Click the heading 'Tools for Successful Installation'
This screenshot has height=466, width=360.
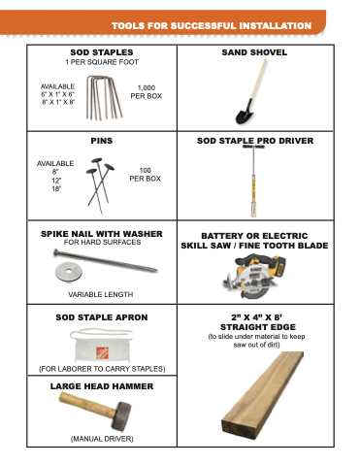pyautogui.click(x=212, y=26)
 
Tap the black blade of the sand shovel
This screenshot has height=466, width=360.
pyautogui.click(x=245, y=113)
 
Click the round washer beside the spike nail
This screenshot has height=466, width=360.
pyautogui.click(x=69, y=272)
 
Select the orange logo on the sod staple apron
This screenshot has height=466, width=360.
pyautogui.click(x=102, y=352)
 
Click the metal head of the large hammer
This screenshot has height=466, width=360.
pyautogui.click(x=121, y=416)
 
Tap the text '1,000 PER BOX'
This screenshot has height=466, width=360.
pyautogui.click(x=147, y=92)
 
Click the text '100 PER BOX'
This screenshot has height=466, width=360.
pyautogui.click(x=146, y=175)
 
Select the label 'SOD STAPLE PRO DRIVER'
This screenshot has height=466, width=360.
pyautogui.click(x=255, y=141)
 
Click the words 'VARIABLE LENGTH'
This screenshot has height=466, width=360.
pyautogui.click(x=101, y=294)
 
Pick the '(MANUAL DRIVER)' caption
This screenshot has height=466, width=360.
pyautogui.click(x=102, y=439)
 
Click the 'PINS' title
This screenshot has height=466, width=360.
pyautogui.click(x=102, y=141)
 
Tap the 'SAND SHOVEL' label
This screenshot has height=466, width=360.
pyautogui.click(x=254, y=52)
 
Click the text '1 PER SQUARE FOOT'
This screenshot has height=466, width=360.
pyautogui.click(x=102, y=62)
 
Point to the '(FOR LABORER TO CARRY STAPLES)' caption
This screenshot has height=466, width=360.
pyautogui.click(x=102, y=369)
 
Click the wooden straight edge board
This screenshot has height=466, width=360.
pyautogui.click(x=263, y=395)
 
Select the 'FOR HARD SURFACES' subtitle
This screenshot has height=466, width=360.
pyautogui.click(x=102, y=242)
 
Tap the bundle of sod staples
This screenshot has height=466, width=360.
pyautogui.click(x=104, y=98)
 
